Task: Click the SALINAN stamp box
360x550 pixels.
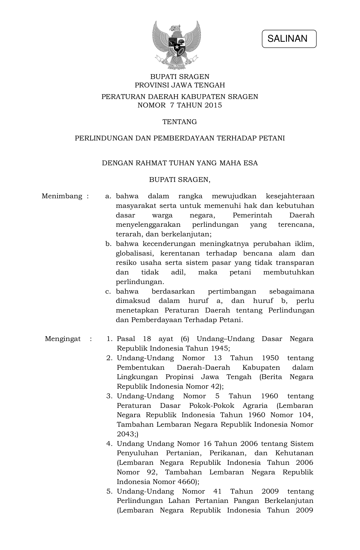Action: tap(289, 39)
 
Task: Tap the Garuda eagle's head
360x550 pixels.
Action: tap(175, 28)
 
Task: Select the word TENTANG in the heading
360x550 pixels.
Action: tap(180, 122)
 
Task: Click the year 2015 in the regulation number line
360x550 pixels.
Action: tap(214, 105)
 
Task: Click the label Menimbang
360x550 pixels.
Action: tap(62, 196)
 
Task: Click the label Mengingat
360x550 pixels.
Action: tap(63, 339)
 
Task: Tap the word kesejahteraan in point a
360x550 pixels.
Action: tap(290, 196)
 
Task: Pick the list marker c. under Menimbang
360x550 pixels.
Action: tap(108, 291)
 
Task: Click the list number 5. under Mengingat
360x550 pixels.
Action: tap(109, 491)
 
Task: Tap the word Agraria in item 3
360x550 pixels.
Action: tap(255, 406)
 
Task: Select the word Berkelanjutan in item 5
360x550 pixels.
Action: tap(289, 501)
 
